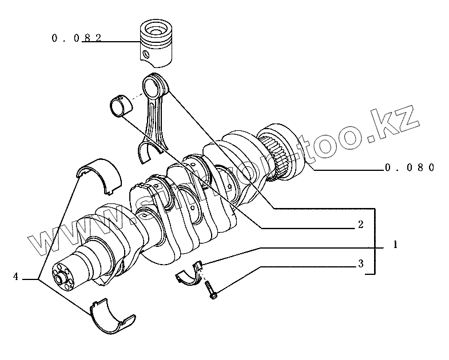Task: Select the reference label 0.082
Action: (76, 38)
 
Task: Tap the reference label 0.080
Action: (410, 167)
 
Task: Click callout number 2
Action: (360, 225)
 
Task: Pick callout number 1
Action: (395, 245)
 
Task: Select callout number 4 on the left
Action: (16, 277)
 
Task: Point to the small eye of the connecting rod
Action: (156, 84)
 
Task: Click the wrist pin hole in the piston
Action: (146, 55)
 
